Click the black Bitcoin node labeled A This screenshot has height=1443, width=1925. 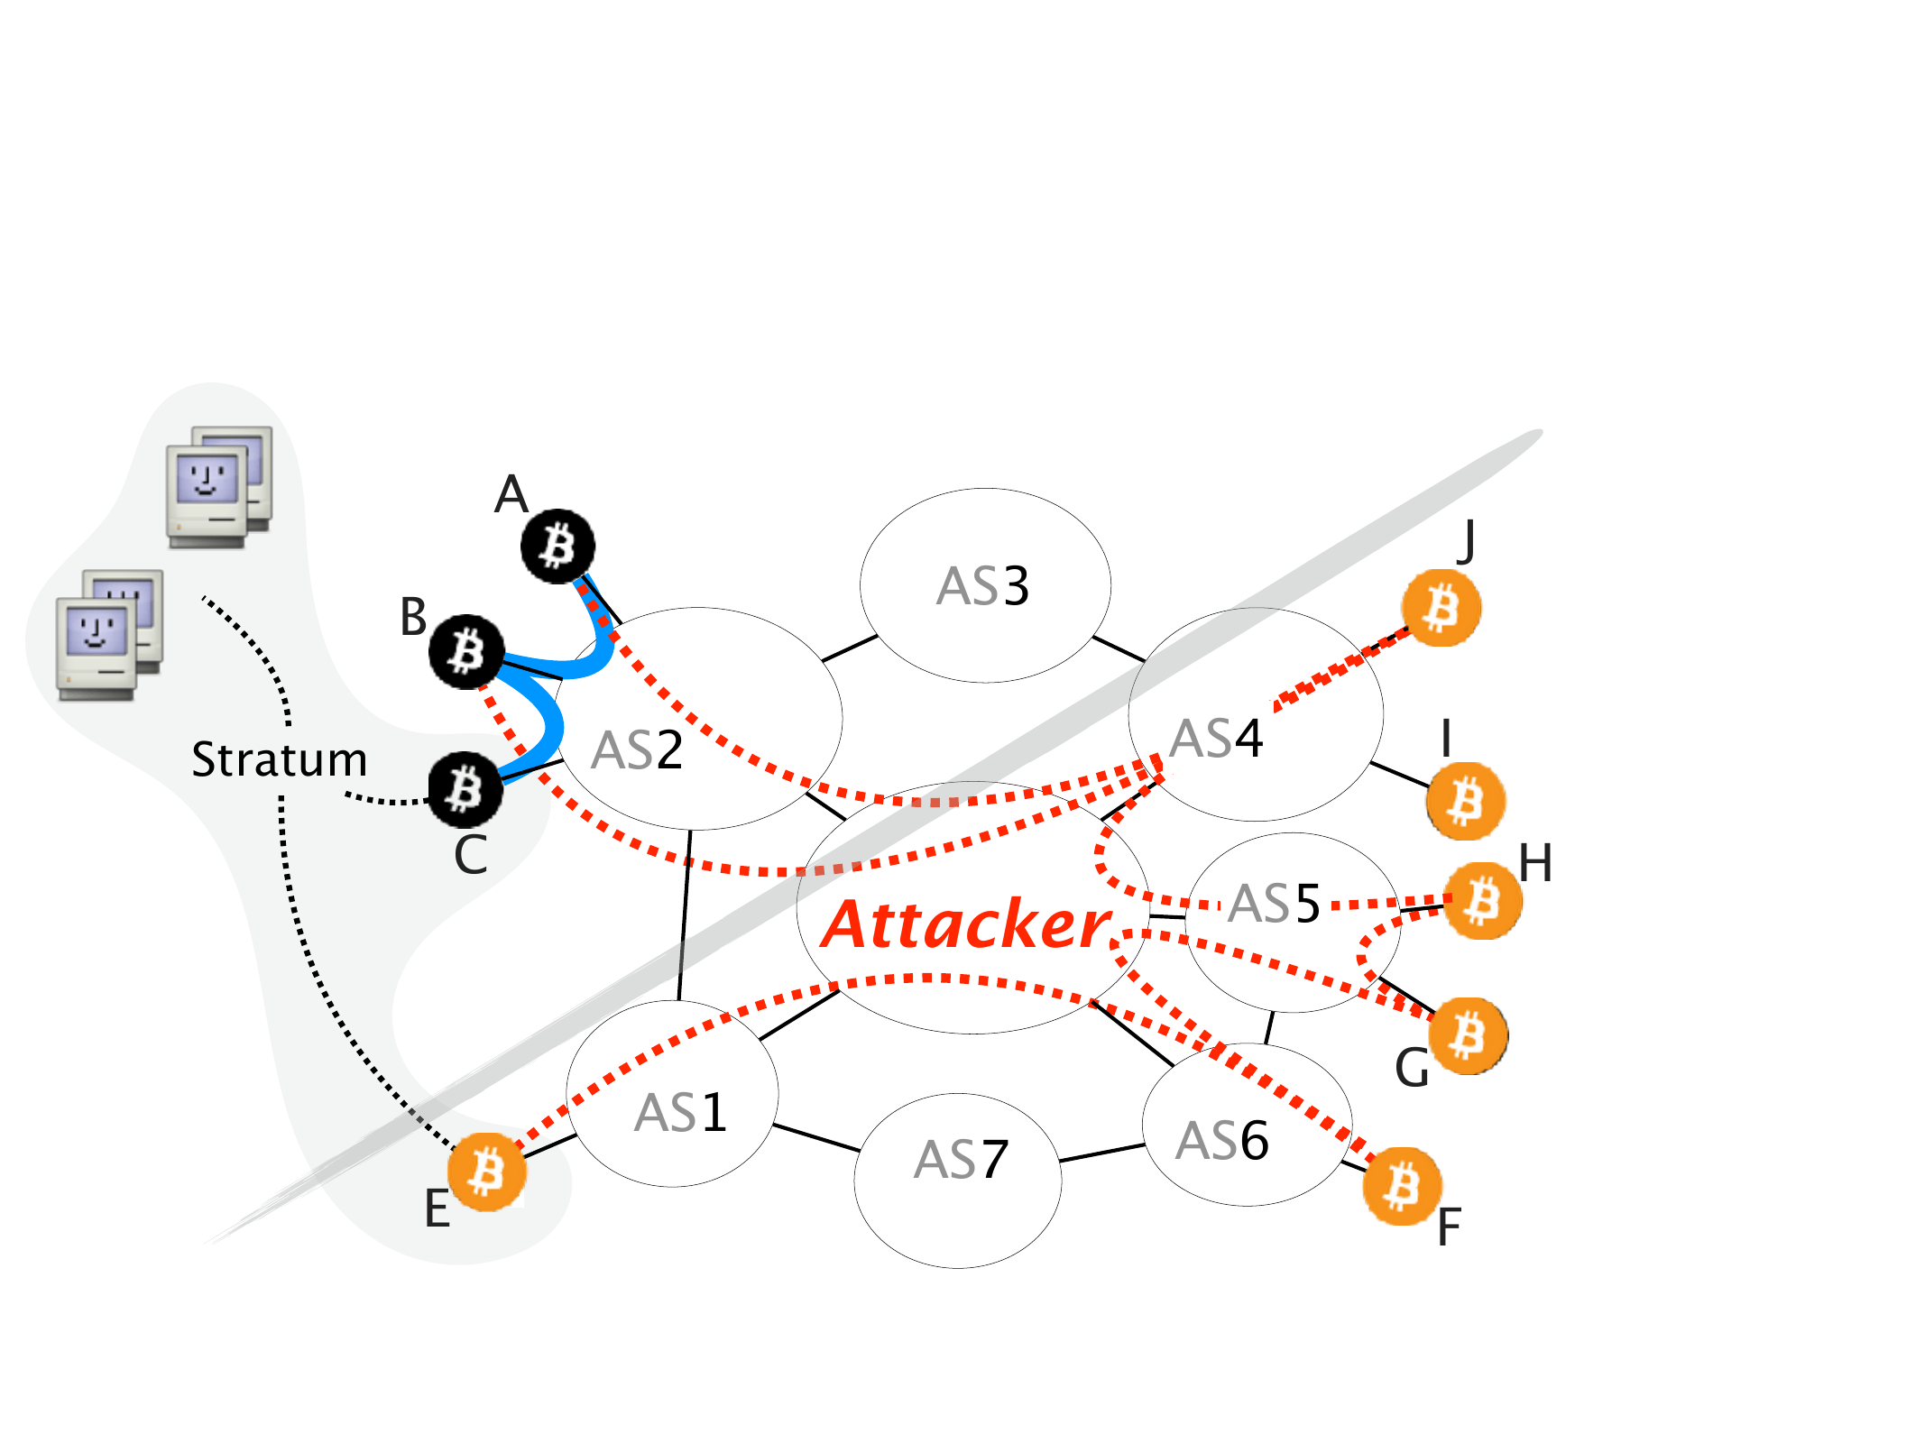click(x=557, y=547)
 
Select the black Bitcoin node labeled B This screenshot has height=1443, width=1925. click(x=465, y=651)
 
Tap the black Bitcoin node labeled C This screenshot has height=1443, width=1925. click(x=465, y=789)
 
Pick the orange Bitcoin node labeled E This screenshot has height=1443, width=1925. click(x=487, y=1172)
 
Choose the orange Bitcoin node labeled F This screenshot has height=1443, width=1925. click(x=1402, y=1186)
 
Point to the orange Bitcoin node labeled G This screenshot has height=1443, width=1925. click(x=1469, y=1035)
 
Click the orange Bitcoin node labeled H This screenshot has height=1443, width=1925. click(x=1483, y=901)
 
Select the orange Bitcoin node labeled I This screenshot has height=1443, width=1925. click(x=1465, y=801)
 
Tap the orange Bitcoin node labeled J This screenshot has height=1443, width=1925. click(x=1441, y=608)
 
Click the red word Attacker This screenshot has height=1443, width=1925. click(x=967, y=925)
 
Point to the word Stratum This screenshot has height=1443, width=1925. click(x=280, y=759)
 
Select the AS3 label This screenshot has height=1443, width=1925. click(x=982, y=586)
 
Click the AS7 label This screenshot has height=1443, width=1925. click(x=960, y=1160)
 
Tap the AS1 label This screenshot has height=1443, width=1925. click(x=680, y=1113)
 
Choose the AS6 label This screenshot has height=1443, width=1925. click(x=1221, y=1141)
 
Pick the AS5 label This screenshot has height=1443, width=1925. click(x=1274, y=904)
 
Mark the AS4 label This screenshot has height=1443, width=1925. click(x=1215, y=739)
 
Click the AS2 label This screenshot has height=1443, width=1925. click(x=637, y=750)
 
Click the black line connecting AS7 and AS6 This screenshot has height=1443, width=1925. click(x=1102, y=1153)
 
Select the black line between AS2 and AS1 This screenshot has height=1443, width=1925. click(x=684, y=915)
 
